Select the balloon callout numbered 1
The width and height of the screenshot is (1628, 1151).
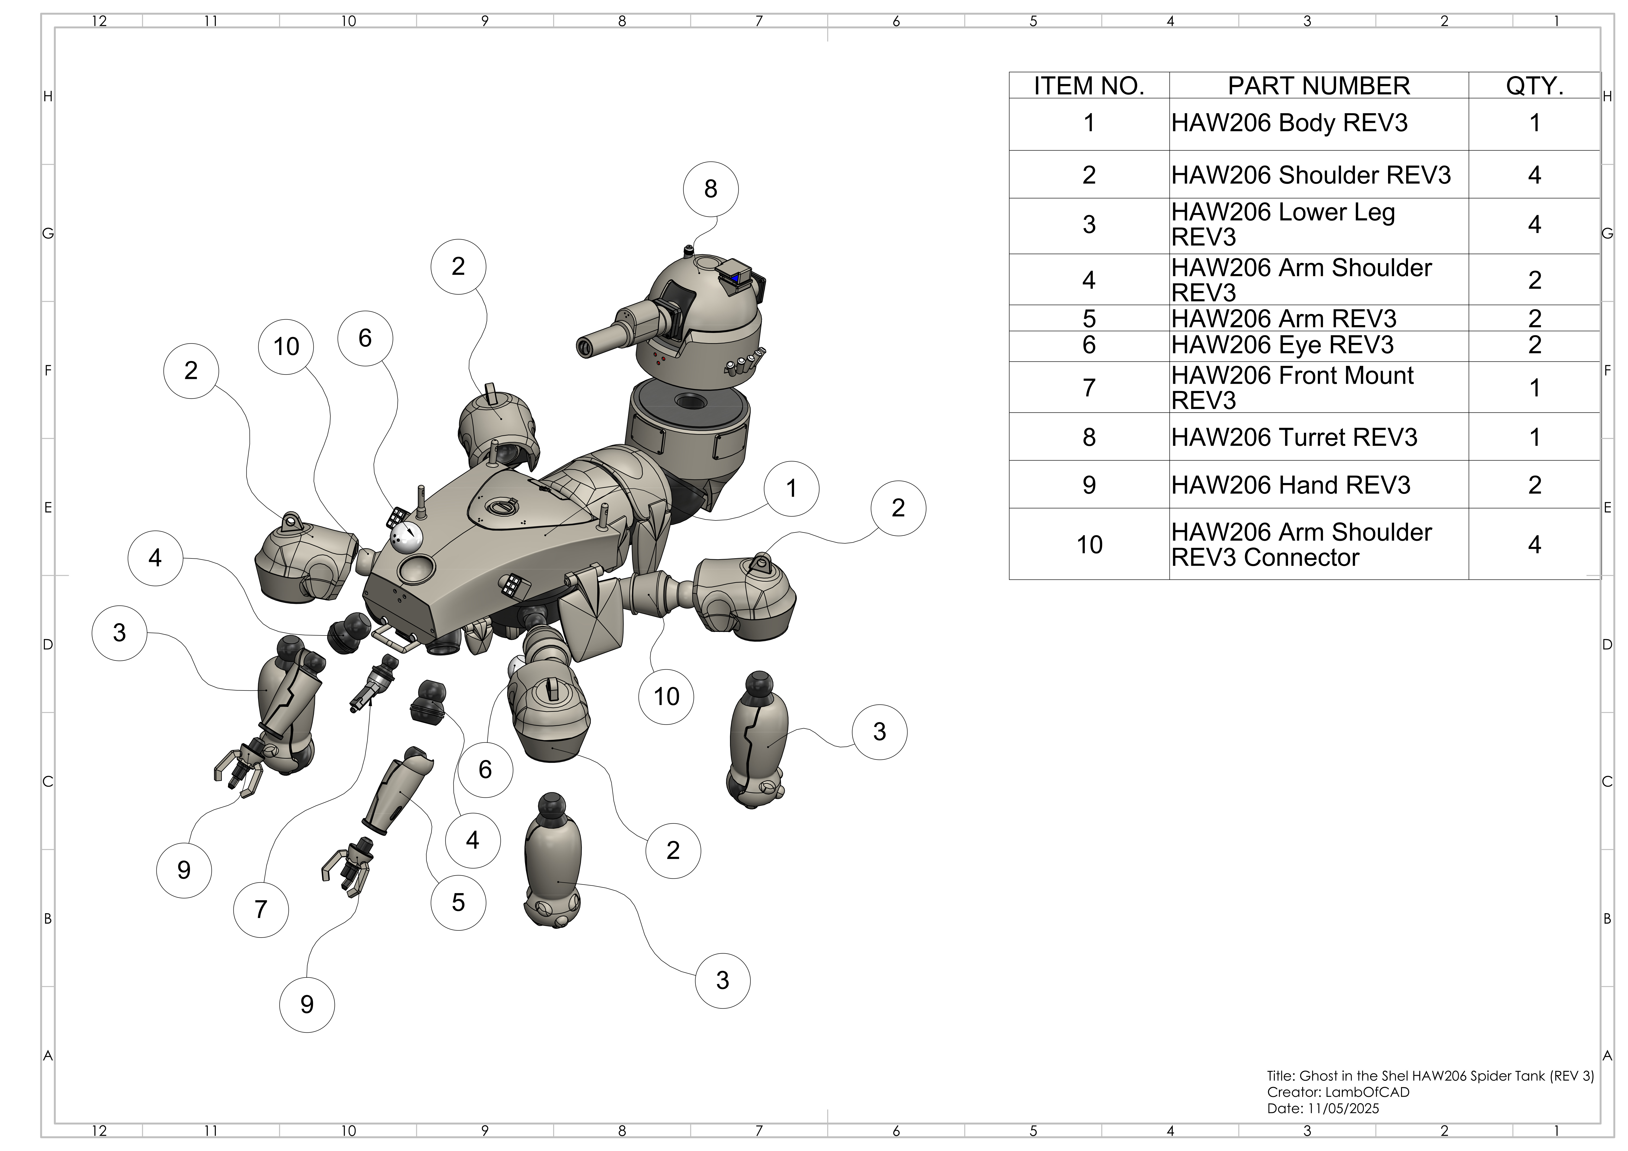[791, 489]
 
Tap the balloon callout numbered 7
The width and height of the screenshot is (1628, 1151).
[261, 909]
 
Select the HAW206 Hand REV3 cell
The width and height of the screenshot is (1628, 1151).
[1290, 485]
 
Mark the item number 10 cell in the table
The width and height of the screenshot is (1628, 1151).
[1089, 545]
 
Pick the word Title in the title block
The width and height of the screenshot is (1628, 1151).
[1280, 1076]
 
